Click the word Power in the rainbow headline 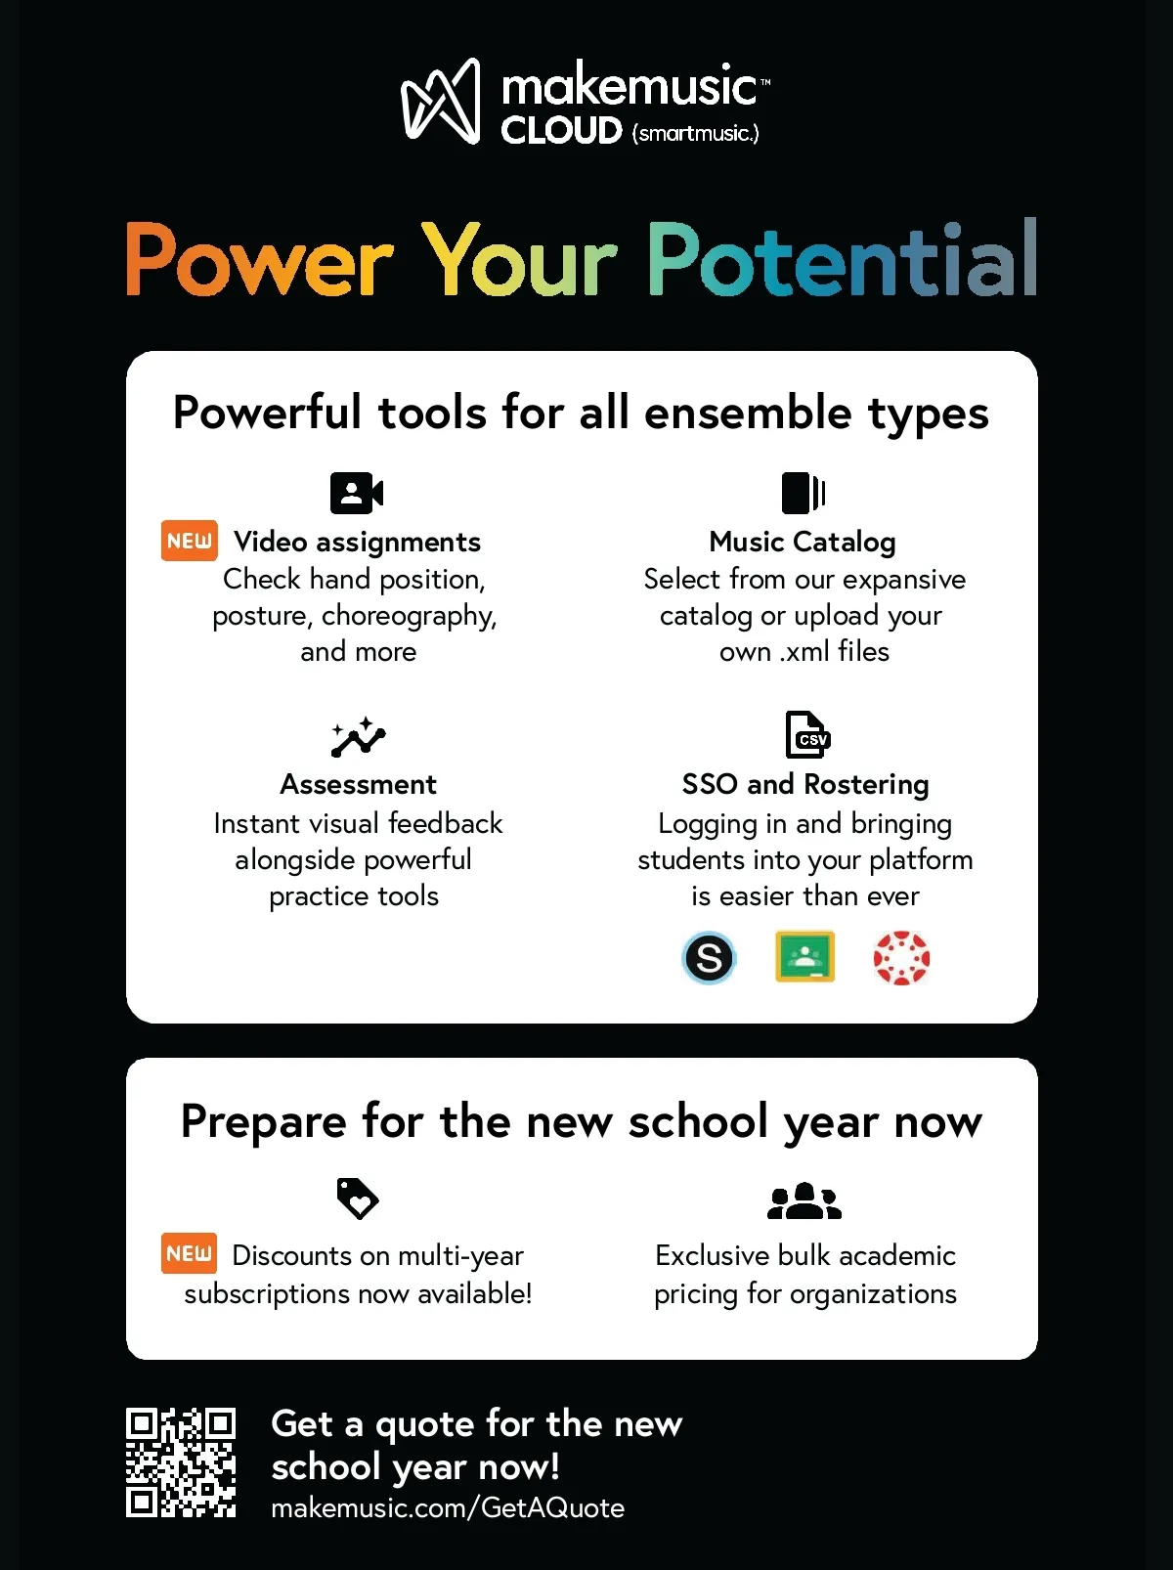tap(260, 260)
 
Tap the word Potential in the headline tap(842, 257)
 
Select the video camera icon tap(357, 493)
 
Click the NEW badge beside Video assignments tap(190, 541)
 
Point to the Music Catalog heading tap(803, 543)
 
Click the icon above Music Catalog tap(804, 493)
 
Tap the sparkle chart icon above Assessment tap(359, 737)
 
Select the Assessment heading tap(358, 785)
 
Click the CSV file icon tap(807, 734)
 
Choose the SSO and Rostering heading tap(805, 785)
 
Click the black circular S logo tap(708, 958)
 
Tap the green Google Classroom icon tap(804, 956)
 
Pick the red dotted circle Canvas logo tap(901, 958)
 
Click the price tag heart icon tap(358, 1199)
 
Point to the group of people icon tap(804, 1200)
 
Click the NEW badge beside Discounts tap(189, 1253)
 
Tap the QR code tap(181, 1462)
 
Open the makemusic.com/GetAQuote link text tap(448, 1507)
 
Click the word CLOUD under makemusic tap(561, 131)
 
